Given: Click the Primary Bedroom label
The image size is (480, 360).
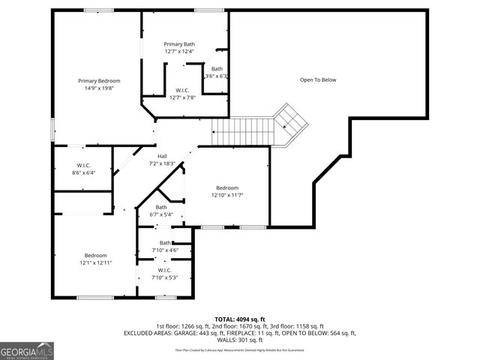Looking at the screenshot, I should coord(99,81).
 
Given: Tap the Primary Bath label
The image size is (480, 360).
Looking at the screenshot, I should coord(179,44).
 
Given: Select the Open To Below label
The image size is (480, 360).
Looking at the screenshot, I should coord(318,79).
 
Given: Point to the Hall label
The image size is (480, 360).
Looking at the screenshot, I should coord(162,156).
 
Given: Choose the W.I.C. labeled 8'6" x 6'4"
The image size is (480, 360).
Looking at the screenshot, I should coord(83,165).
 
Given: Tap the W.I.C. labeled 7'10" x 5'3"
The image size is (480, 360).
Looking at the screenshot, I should coord(164,270).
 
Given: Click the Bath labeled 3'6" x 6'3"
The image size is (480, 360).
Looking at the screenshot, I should coord(217,69).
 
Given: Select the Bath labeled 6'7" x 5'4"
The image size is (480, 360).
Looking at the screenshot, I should coord(161,207).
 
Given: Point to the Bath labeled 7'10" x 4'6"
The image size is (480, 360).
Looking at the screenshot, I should coord(164,243).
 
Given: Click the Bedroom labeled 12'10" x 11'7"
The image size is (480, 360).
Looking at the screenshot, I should coord(227,187).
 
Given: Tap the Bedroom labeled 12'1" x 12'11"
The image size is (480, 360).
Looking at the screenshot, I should coord(95,255).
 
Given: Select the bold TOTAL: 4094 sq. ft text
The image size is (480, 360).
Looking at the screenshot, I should coord(239,319).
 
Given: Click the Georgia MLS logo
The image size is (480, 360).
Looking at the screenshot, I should coord(27,350).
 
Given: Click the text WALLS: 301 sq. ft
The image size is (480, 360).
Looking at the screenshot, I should coord(239,340).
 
